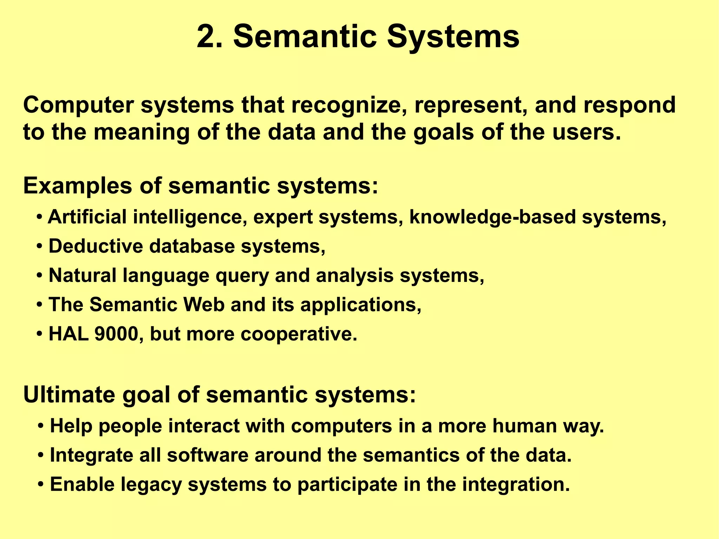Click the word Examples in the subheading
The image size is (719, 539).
[x=78, y=186]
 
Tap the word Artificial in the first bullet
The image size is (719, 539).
[x=87, y=217]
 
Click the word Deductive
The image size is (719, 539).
[x=96, y=246]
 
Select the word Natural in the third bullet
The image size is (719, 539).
[x=83, y=275]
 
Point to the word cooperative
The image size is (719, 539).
[x=298, y=334]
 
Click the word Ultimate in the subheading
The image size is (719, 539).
[x=69, y=395]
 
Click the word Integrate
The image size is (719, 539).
[x=91, y=455]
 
